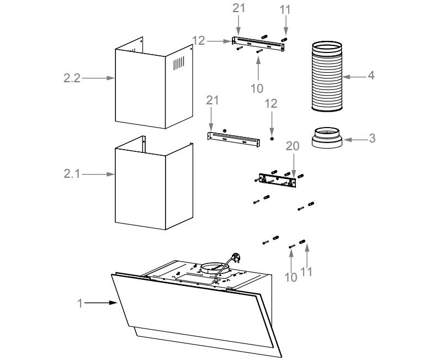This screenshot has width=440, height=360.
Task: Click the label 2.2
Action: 72,78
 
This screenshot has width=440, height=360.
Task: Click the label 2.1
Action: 72,174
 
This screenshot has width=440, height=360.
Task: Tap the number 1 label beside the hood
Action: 80,303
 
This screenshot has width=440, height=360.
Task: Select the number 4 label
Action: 371,75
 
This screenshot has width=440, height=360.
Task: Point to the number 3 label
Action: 372,138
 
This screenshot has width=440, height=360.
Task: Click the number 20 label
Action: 293,146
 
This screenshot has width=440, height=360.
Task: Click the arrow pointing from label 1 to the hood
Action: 100,303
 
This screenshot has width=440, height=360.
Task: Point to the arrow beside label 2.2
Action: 98,78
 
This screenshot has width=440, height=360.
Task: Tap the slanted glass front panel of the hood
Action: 193,315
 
